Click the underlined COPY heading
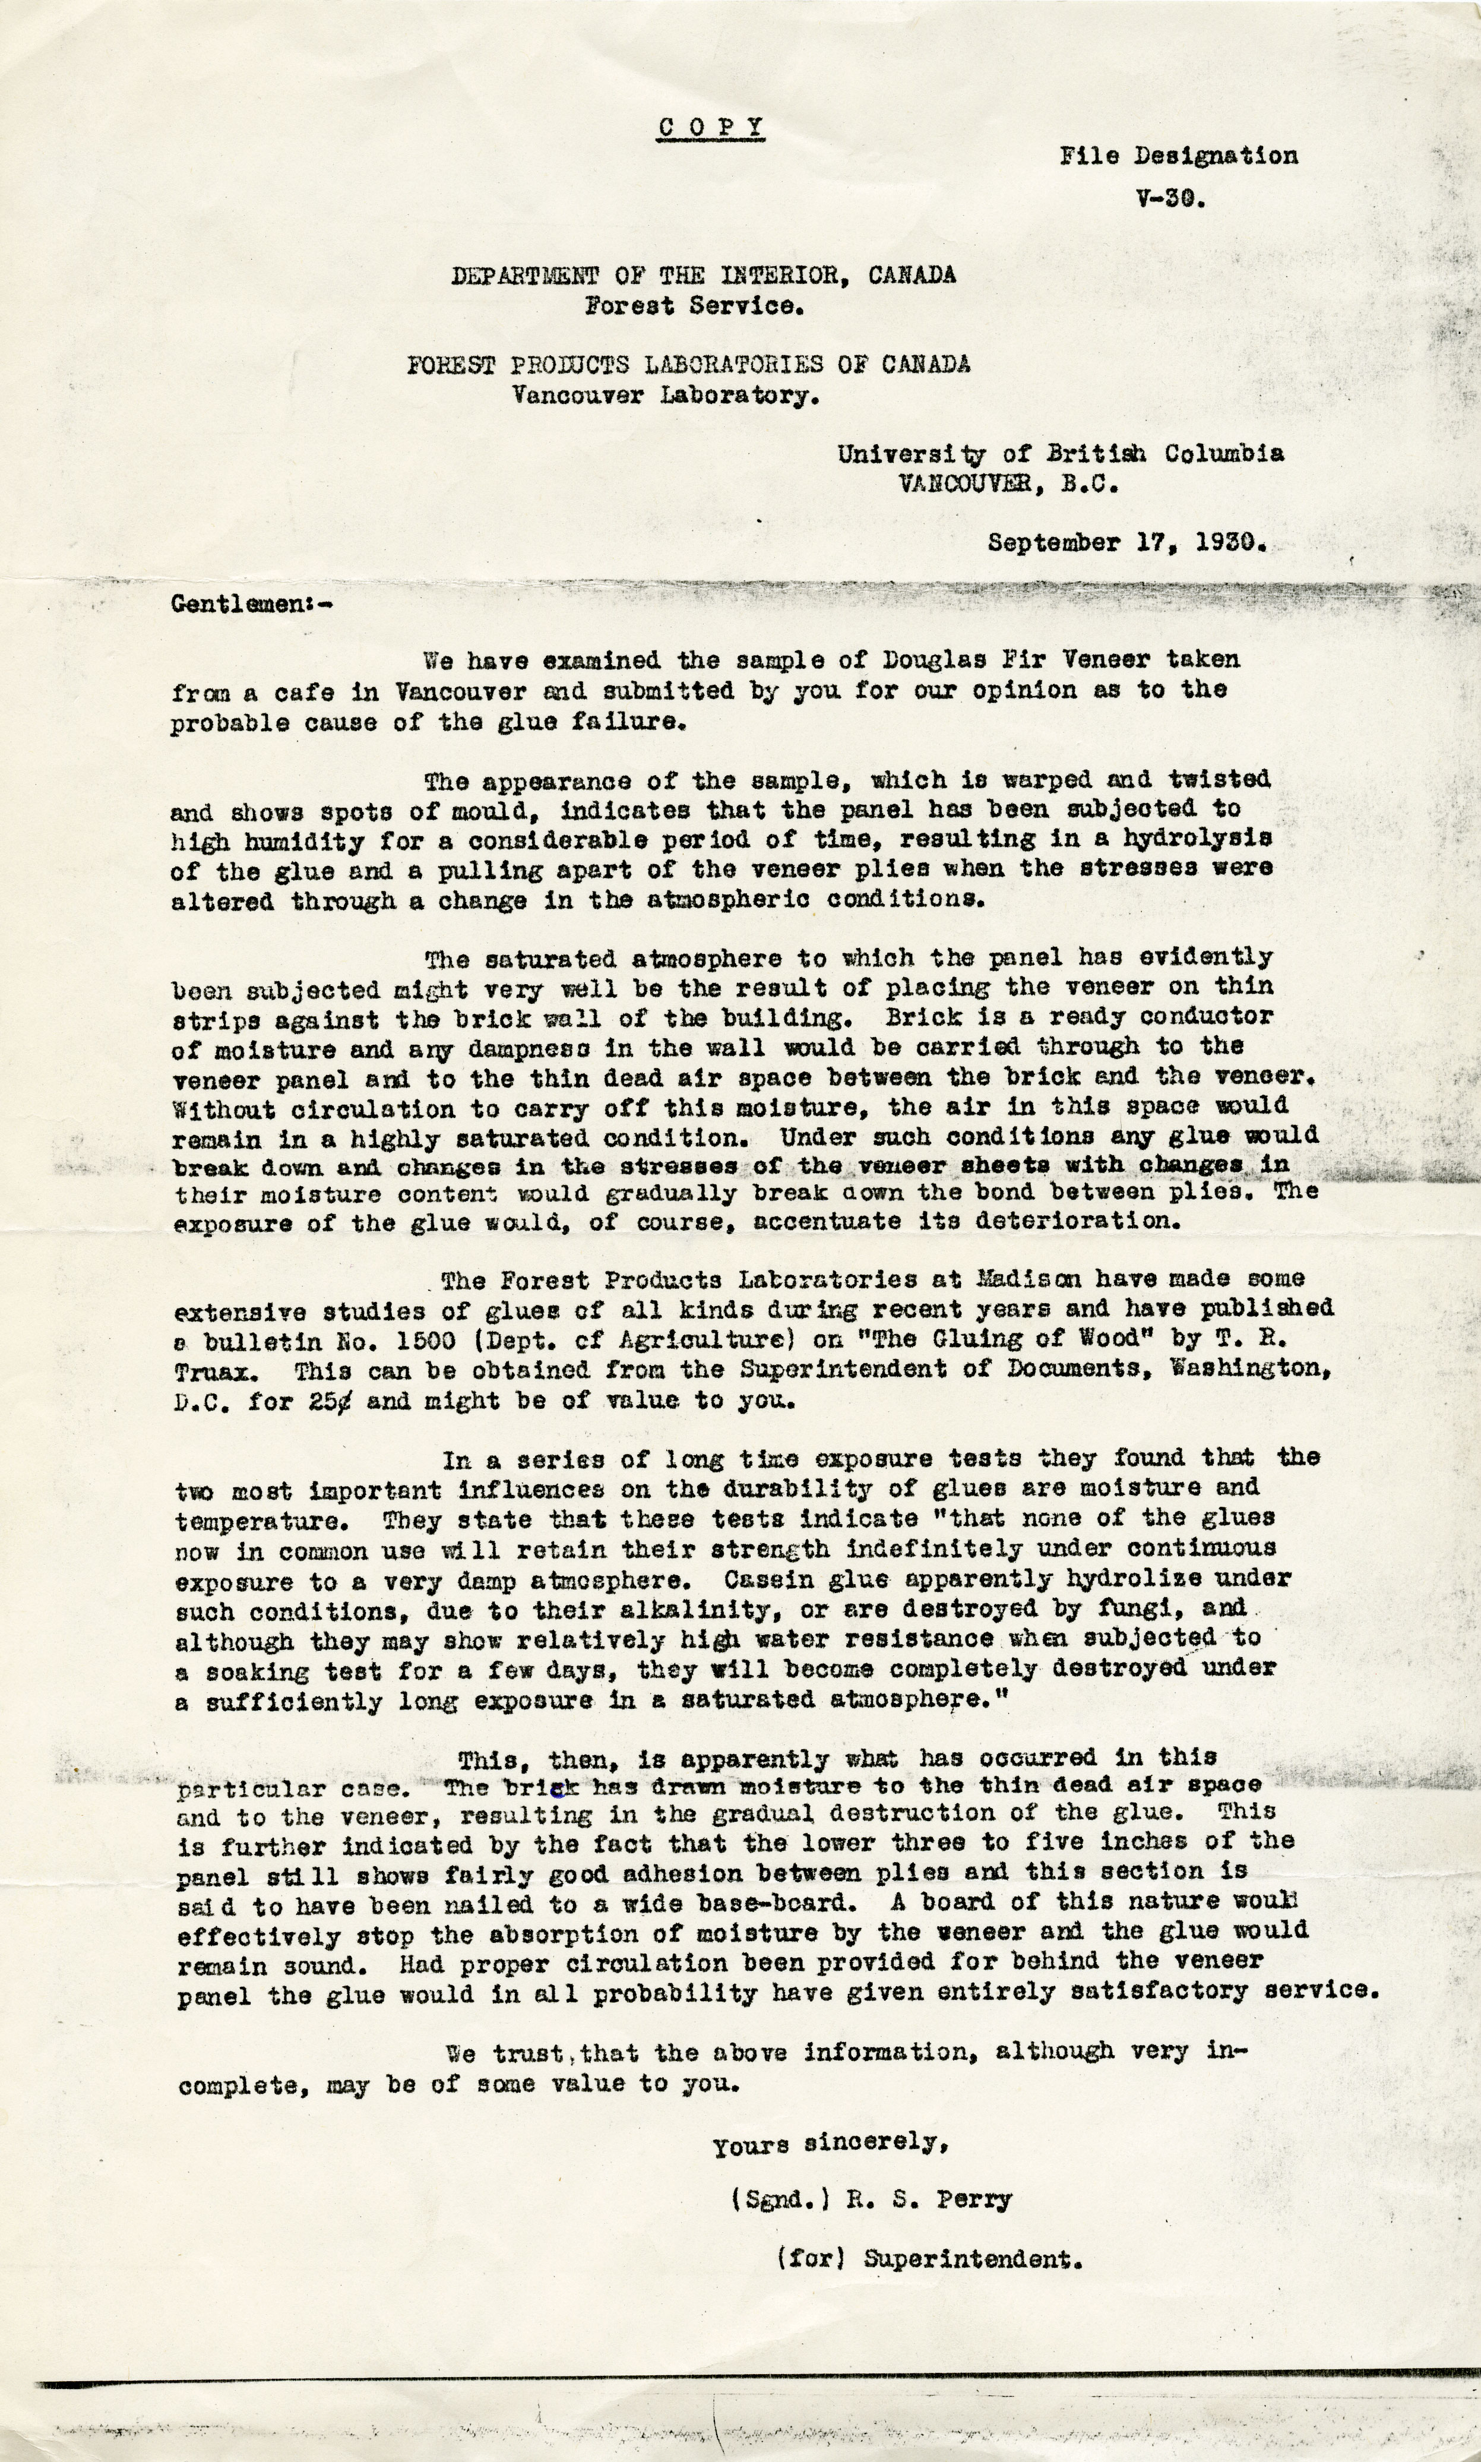[711, 128]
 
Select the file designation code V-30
[1170, 198]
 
